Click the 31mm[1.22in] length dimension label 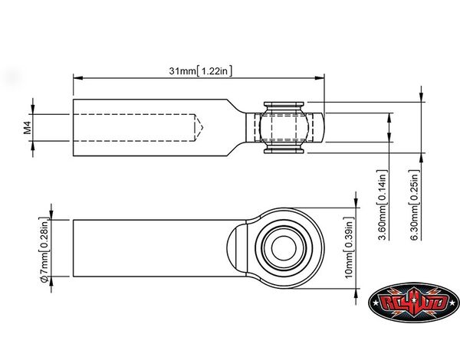tap(200, 71)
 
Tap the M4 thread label tap(28, 128)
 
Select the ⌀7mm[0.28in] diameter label tap(44, 250)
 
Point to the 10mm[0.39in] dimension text tap(349, 247)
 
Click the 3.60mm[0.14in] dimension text tap(383, 205)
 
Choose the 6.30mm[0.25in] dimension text tap(414, 205)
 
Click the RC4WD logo tap(414, 303)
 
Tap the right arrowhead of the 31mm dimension tap(319, 78)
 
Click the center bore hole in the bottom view tap(284, 248)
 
